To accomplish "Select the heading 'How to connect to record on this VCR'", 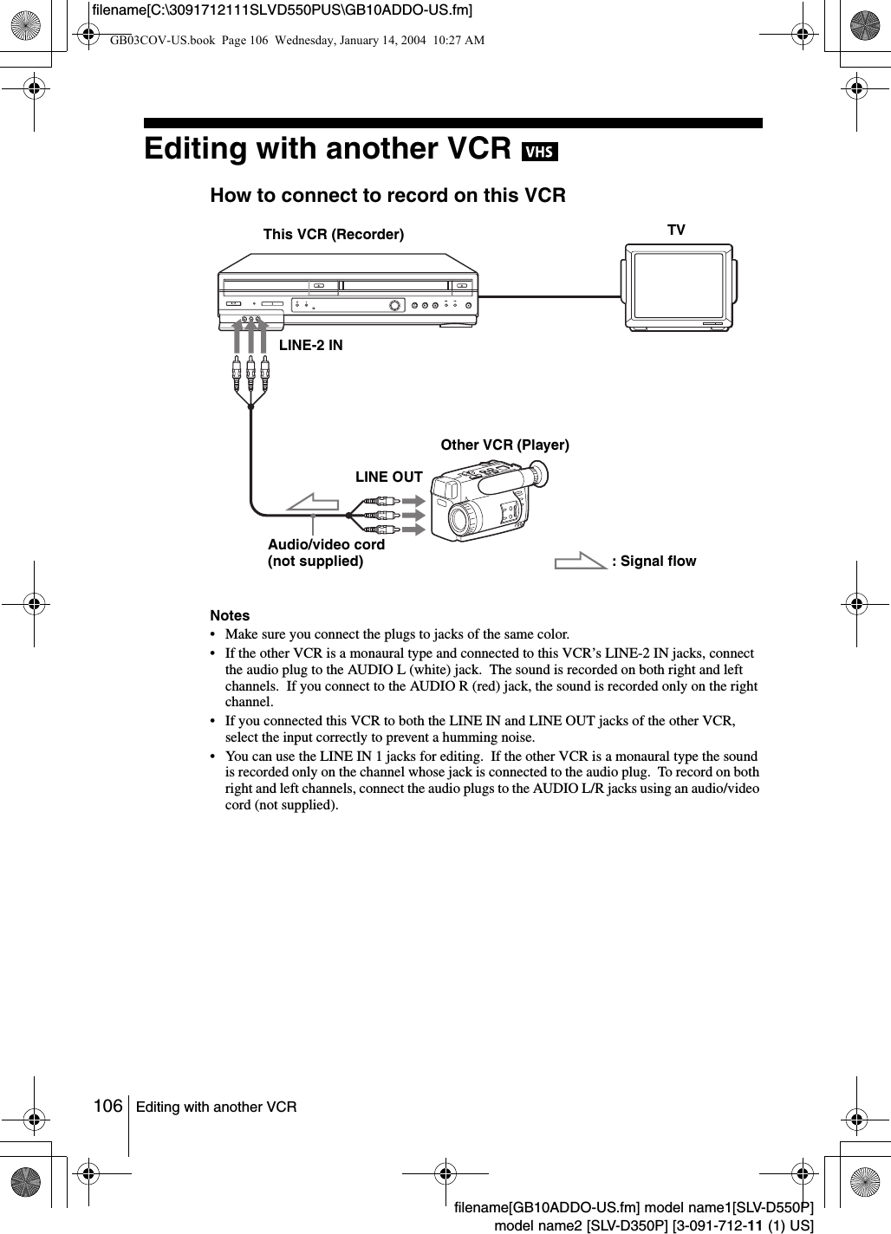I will (x=387, y=196).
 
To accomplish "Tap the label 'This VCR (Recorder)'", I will (x=333, y=234).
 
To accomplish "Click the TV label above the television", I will (x=676, y=230).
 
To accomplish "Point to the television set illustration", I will (x=676, y=286).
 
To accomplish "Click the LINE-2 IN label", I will (x=310, y=345).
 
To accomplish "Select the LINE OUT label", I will (x=389, y=477).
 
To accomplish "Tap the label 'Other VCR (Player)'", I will (x=504, y=445).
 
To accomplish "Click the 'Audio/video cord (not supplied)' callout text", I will (x=326, y=553).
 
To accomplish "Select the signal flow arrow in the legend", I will (x=581, y=561).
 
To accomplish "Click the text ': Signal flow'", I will (x=654, y=561).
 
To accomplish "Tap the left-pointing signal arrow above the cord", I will (x=314, y=502).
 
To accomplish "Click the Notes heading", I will (x=230, y=615).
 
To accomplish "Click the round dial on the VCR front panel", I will (x=396, y=305).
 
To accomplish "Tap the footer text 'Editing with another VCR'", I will (x=216, y=1107).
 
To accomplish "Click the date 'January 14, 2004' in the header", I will (x=378, y=40).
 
